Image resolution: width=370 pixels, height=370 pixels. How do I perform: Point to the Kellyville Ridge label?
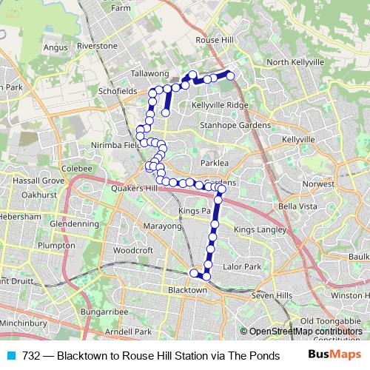click(219, 105)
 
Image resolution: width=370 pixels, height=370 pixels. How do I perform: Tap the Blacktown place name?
click(186, 290)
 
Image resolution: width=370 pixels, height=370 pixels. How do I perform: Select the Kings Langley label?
click(258, 231)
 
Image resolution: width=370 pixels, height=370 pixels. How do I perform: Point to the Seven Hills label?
click(268, 296)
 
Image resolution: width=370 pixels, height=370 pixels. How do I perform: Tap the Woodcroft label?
click(133, 250)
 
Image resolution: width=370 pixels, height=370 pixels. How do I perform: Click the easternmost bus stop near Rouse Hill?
click(230, 75)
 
